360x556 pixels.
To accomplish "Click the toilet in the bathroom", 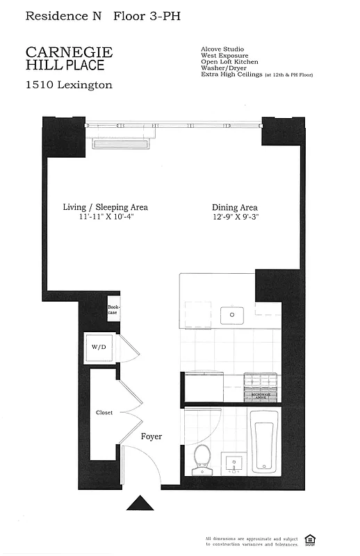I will click(x=202, y=459).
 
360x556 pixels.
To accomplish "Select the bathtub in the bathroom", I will click(x=265, y=441).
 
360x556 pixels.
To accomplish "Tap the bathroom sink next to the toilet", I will click(x=232, y=463).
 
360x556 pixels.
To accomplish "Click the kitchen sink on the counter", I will click(x=232, y=316).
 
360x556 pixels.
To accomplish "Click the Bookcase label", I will click(x=113, y=310).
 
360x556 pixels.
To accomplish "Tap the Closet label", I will click(x=104, y=413).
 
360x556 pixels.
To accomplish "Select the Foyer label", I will click(x=152, y=436).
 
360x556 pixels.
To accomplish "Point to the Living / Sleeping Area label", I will click(x=106, y=207).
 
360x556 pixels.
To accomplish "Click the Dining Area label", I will click(x=235, y=207).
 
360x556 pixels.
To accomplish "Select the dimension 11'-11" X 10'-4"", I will click(x=106, y=218).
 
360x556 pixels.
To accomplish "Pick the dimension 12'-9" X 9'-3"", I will click(x=235, y=218).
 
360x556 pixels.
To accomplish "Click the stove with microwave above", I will click(x=262, y=388).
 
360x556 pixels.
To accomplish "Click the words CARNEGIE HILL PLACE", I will click(x=69, y=58).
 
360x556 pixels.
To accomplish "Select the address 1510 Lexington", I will click(x=69, y=85).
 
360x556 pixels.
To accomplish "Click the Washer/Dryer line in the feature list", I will click(x=224, y=67).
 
